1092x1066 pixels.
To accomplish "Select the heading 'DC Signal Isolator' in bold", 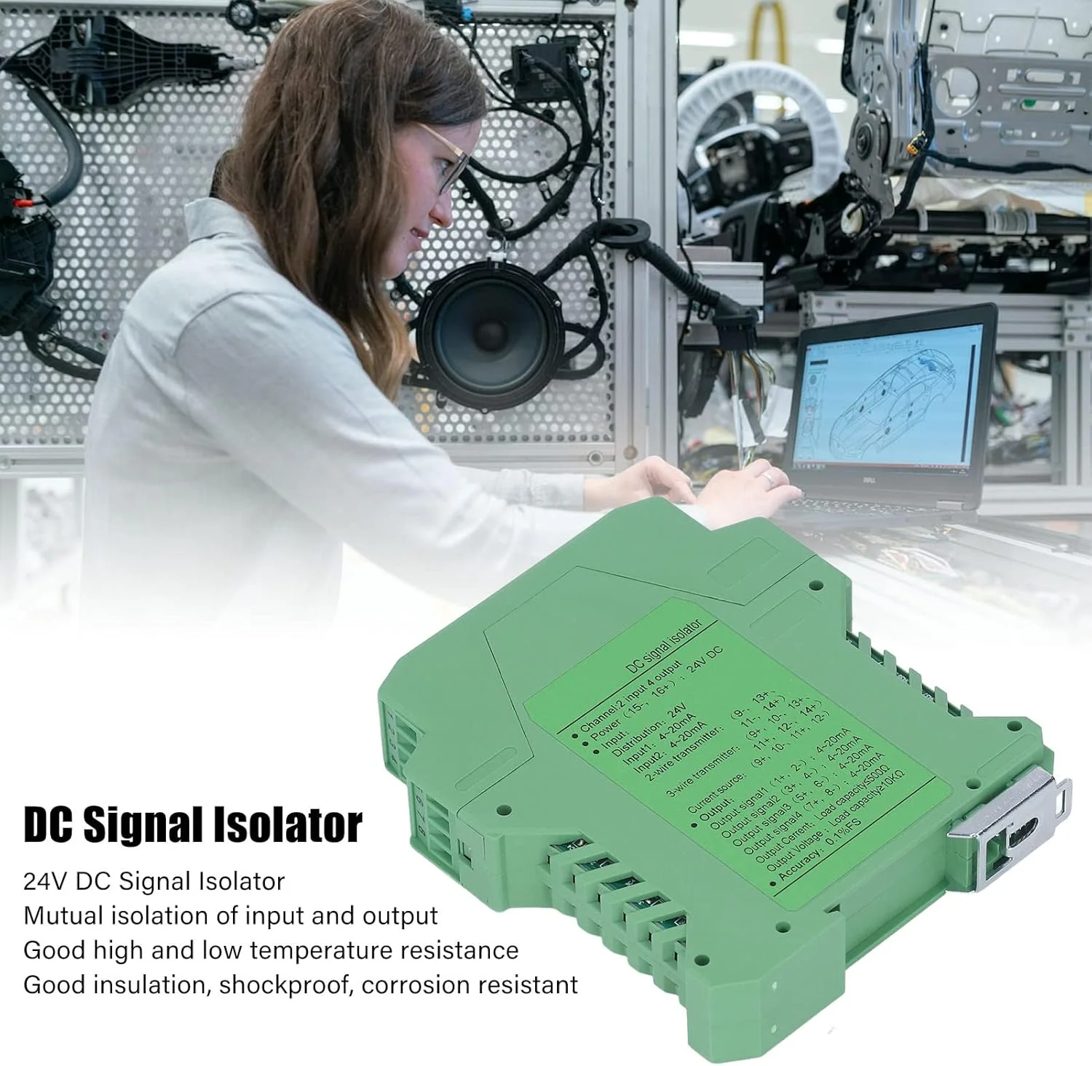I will coord(193,824).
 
